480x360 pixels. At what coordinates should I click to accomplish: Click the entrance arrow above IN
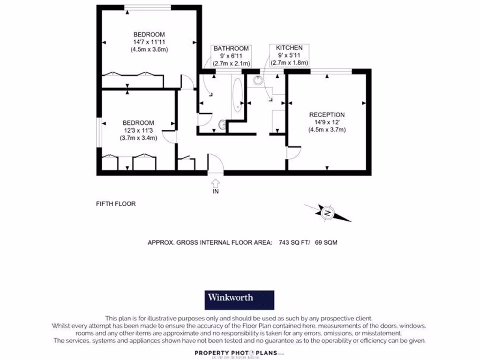click(216, 182)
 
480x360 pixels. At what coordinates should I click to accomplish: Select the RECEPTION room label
click(327, 115)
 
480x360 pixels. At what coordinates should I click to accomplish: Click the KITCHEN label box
click(289, 55)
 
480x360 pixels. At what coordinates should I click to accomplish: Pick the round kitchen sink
click(258, 80)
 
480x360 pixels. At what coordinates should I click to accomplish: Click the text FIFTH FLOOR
click(116, 204)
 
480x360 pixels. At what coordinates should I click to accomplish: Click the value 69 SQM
click(326, 242)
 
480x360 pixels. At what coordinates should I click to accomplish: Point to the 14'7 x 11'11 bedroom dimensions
click(149, 42)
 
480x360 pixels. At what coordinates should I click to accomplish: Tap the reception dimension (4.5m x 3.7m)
click(327, 130)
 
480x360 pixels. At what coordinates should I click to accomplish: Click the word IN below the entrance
click(216, 191)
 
